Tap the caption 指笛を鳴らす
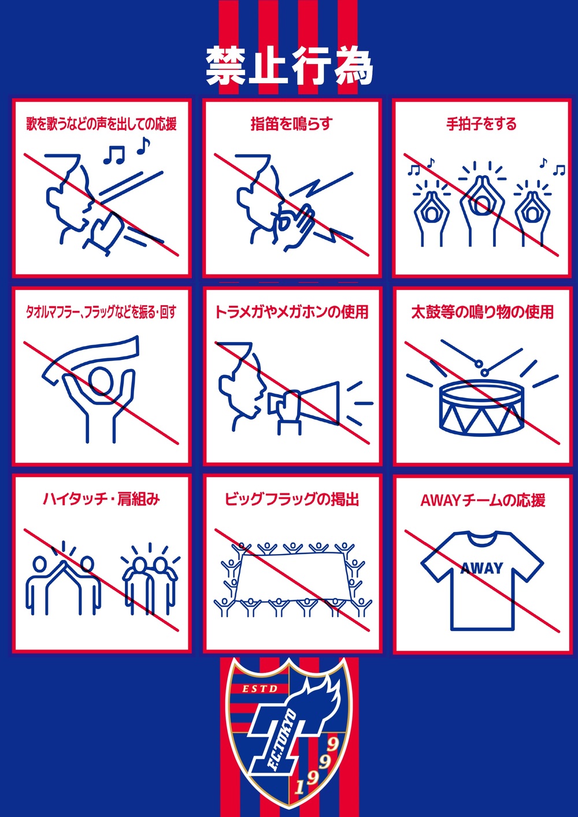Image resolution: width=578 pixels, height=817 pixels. click(291, 124)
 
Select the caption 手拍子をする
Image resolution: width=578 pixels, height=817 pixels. click(481, 124)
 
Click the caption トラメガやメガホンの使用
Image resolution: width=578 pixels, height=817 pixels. click(291, 312)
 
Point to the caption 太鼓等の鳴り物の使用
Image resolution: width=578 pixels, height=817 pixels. click(483, 312)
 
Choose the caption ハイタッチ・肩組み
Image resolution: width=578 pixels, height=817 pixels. click(102, 499)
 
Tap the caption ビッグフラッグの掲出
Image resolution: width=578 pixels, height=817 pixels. click(291, 499)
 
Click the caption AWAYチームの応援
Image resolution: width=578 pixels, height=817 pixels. click(483, 500)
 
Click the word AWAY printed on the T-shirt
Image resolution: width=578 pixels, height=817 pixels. click(482, 568)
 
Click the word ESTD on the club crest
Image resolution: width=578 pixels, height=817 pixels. click(260, 689)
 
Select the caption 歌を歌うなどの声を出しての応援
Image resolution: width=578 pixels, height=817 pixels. click(102, 124)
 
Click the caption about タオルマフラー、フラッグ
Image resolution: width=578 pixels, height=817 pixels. click(101, 312)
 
